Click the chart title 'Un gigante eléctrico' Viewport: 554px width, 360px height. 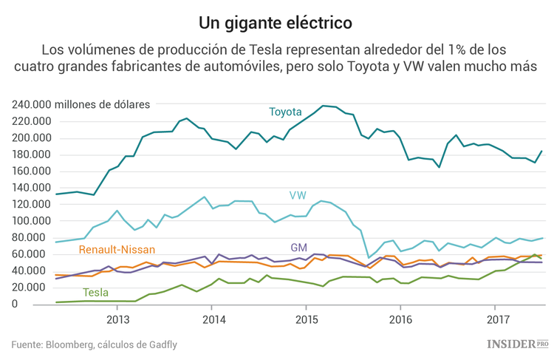tap(276, 22)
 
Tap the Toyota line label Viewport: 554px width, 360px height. tap(285, 112)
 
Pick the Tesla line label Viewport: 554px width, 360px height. tap(95, 292)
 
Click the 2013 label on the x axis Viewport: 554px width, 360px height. tap(117, 319)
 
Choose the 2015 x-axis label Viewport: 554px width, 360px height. tap(306, 319)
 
